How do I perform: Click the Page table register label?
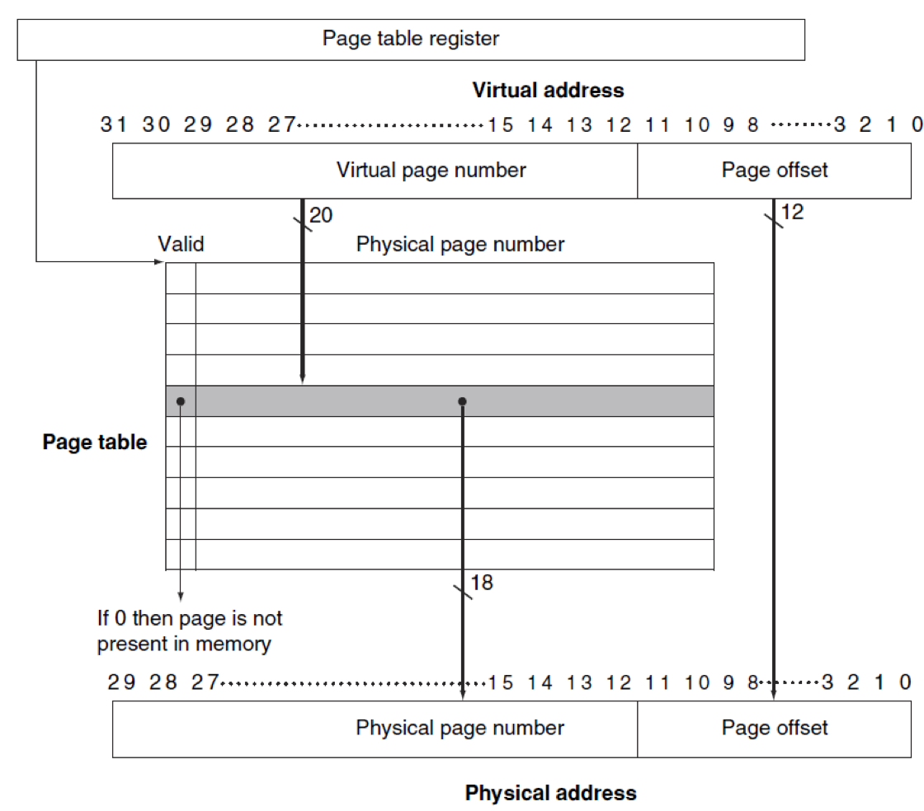[x=411, y=39]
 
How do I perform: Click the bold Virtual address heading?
[x=548, y=90]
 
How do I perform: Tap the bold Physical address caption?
[x=551, y=793]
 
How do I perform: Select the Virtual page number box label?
[x=431, y=170]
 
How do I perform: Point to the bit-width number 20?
[x=321, y=215]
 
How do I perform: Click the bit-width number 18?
[x=482, y=583]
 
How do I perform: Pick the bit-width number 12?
[x=792, y=212]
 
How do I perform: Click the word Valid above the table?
[x=181, y=244]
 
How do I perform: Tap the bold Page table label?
[x=95, y=442]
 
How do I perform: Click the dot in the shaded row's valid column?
[x=181, y=401]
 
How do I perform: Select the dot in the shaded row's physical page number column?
[x=462, y=401]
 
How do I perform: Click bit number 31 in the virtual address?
[x=114, y=124]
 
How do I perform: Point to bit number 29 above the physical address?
[x=121, y=682]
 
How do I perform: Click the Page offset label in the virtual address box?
[x=775, y=170]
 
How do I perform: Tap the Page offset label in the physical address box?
[x=775, y=728]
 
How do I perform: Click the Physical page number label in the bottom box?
[x=460, y=728]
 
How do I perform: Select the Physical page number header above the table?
[x=460, y=244]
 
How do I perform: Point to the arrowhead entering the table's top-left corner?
[x=159, y=262]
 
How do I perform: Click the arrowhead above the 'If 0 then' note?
[x=181, y=596]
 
